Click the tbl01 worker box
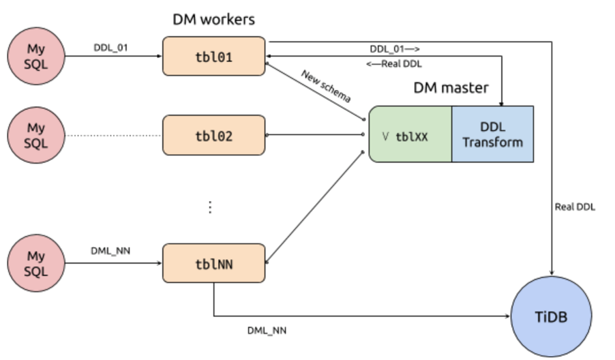[213, 57]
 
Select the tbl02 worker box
[213, 135]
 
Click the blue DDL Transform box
[492, 134]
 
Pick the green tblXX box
[410, 134]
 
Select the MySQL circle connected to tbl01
[36, 57]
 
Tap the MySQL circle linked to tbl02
[36, 135]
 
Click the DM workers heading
[213, 19]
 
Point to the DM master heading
[451, 88]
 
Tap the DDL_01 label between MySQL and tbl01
[110, 47]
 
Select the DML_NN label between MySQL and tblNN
[110, 251]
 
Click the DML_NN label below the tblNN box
[267, 330]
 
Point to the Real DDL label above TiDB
[575, 207]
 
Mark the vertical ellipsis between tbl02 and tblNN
[210, 207]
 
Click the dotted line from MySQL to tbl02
[113, 135]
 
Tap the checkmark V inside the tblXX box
[386, 136]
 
